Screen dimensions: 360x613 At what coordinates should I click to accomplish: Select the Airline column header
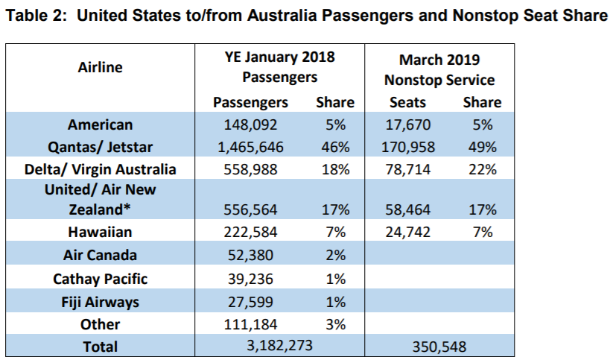[x=101, y=67]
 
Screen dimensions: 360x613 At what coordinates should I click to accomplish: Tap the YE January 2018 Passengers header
[x=280, y=67]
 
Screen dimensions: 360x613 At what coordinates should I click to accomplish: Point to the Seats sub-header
[x=407, y=102]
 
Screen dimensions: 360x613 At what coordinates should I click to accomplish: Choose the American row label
[x=101, y=125]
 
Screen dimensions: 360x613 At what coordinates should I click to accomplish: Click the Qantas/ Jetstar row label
[x=101, y=148]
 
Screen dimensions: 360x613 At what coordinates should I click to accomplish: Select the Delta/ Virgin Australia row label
[x=101, y=169]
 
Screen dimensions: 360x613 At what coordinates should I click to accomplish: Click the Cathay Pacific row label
[x=101, y=280]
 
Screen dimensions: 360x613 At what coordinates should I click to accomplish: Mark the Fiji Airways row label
[x=101, y=302]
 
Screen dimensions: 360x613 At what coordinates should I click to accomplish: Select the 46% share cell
[x=334, y=148]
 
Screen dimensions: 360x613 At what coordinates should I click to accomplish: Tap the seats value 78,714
[x=407, y=169]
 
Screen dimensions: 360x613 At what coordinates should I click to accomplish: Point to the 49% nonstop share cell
[x=481, y=148]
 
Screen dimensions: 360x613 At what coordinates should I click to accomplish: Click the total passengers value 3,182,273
[x=280, y=346]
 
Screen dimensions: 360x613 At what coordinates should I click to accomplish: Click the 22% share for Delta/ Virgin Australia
[x=481, y=169]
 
